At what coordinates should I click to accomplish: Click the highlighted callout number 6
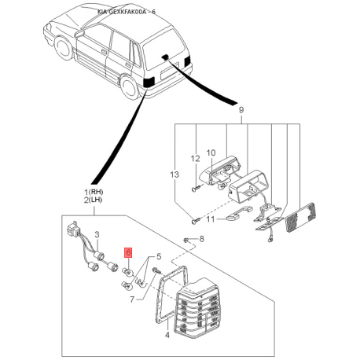128,252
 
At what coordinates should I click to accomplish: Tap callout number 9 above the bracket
241,110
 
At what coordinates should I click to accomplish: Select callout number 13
174,174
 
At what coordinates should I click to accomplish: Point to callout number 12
195,159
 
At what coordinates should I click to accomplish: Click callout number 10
211,152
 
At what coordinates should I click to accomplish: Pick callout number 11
211,219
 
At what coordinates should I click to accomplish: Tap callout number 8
201,239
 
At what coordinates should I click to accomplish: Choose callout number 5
159,256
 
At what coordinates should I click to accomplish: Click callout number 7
132,299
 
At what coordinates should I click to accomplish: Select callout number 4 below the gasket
167,335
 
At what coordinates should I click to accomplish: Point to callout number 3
97,234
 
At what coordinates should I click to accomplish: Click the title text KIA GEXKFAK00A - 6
127,12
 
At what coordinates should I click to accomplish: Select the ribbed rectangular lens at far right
301,217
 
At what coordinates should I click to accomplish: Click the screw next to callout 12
197,188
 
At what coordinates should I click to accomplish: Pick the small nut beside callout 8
186,240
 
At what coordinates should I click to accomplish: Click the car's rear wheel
129,88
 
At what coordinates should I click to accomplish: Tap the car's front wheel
63,48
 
